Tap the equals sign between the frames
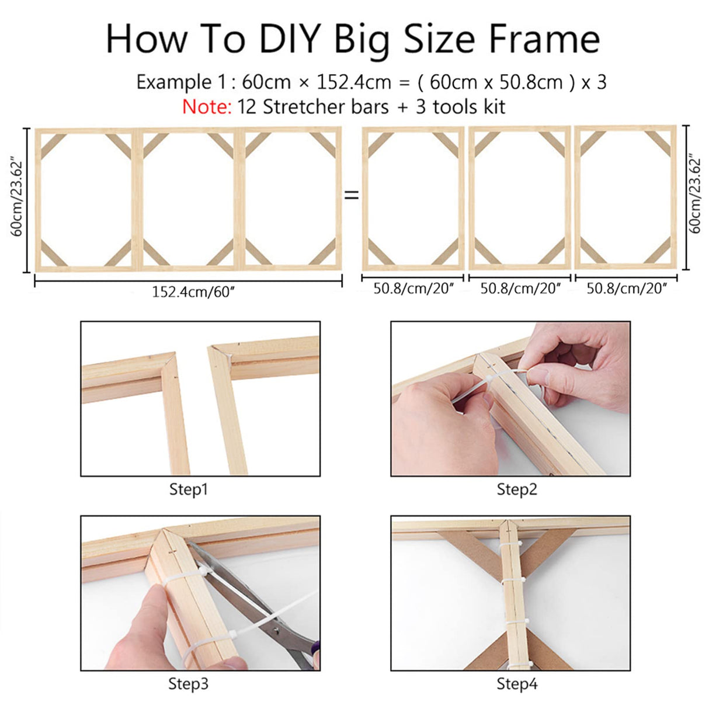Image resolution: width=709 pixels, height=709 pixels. coord(352,195)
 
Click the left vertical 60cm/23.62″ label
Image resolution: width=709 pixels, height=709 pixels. coord(17,199)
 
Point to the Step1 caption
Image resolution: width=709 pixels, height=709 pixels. coord(188,489)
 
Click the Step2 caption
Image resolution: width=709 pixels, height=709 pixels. coord(516,489)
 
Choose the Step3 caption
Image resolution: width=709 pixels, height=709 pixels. coord(188,683)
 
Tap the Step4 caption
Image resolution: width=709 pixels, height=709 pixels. coord(516,683)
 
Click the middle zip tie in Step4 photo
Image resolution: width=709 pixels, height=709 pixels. coord(513,580)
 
